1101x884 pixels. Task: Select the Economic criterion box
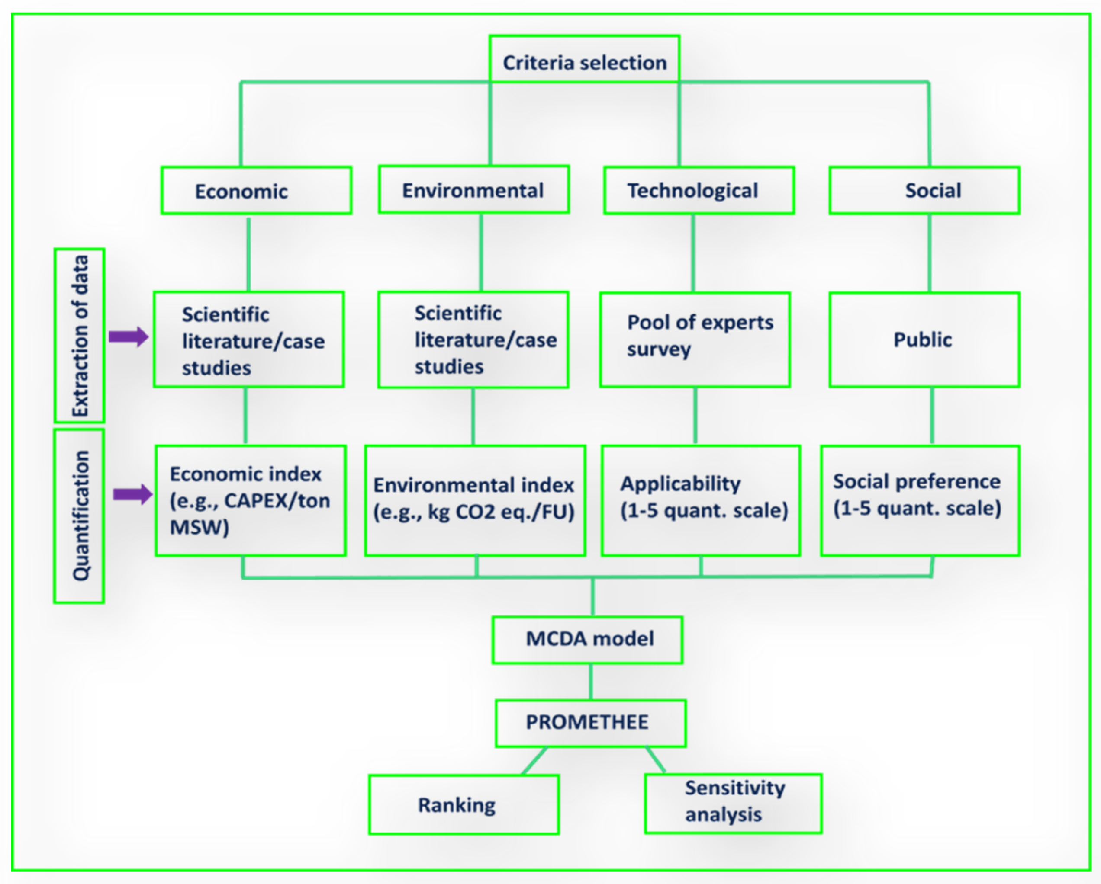[x=256, y=190]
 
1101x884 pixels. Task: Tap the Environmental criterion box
[x=473, y=189]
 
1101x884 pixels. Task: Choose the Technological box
[x=699, y=190]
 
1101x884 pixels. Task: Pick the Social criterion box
[x=924, y=190]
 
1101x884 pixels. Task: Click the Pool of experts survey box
[x=695, y=340]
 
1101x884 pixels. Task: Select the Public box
[x=924, y=340]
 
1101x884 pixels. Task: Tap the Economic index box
[x=250, y=500]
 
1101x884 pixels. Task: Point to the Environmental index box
[x=475, y=500]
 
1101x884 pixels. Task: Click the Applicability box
[x=701, y=500]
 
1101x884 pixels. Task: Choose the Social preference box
[x=920, y=500]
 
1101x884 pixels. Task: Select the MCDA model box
[x=587, y=640]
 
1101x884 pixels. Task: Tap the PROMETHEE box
[x=590, y=723]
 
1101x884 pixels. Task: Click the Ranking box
[x=464, y=805]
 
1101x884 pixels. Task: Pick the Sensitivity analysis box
[x=733, y=804]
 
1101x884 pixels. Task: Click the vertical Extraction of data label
[x=80, y=336]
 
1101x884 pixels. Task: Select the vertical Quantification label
[x=80, y=516]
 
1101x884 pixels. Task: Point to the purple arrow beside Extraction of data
[x=128, y=337]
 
